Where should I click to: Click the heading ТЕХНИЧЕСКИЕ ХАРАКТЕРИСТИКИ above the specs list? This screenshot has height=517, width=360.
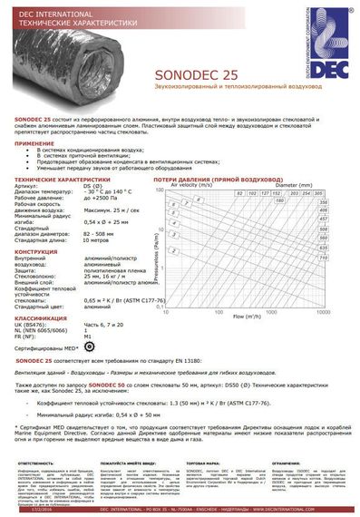(x=62, y=180)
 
